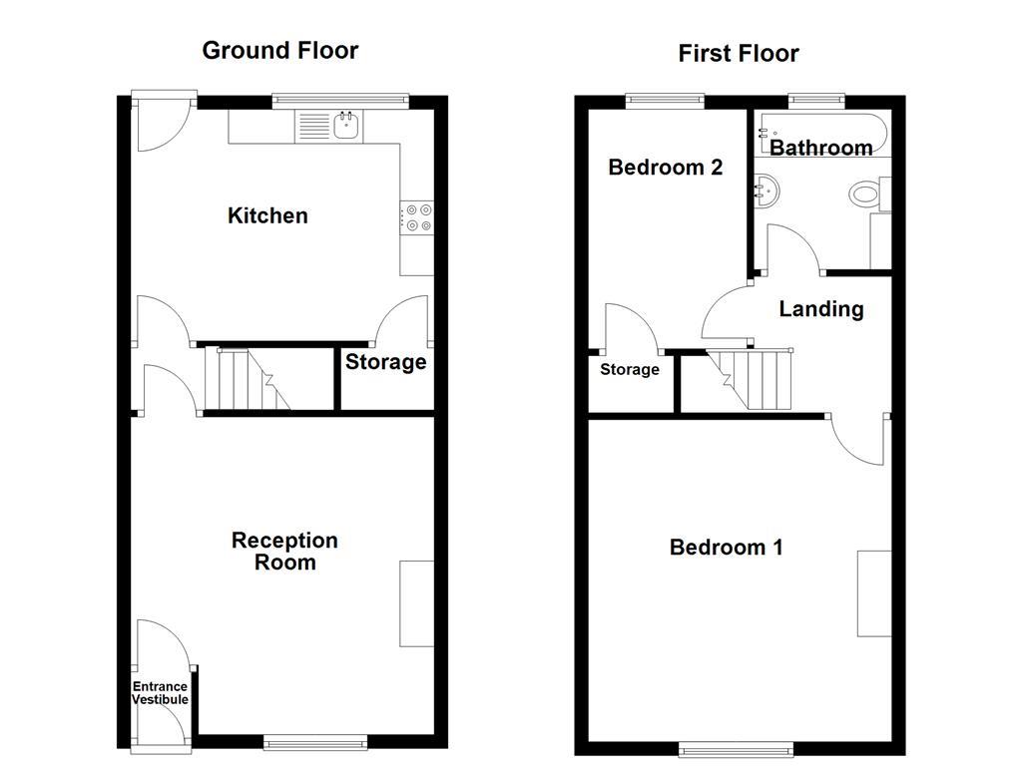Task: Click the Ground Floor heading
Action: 279,50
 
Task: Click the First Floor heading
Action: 738,53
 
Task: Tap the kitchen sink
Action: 347,126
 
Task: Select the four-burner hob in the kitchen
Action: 417,217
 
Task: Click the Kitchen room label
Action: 267,215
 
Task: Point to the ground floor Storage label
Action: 385,362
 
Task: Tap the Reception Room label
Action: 284,551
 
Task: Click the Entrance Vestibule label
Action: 161,692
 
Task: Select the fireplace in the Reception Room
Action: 417,603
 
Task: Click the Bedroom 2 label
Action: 665,167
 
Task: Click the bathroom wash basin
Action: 767,190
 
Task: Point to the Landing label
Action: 820,309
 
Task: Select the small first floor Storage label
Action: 629,370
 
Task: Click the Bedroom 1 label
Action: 726,547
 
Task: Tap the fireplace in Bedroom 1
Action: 874,592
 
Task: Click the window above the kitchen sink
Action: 340,100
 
